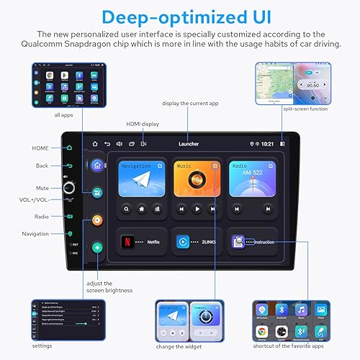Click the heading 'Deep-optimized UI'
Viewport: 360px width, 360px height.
[180, 16]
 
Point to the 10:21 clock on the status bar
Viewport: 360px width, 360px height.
[266, 144]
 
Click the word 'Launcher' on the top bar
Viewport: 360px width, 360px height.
[189, 144]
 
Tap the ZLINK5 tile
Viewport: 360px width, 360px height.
[194, 242]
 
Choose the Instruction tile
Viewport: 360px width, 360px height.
[252, 242]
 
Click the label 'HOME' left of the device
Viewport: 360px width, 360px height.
[40, 148]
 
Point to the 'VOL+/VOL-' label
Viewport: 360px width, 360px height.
[34, 199]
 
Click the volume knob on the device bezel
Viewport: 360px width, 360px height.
[70, 187]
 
